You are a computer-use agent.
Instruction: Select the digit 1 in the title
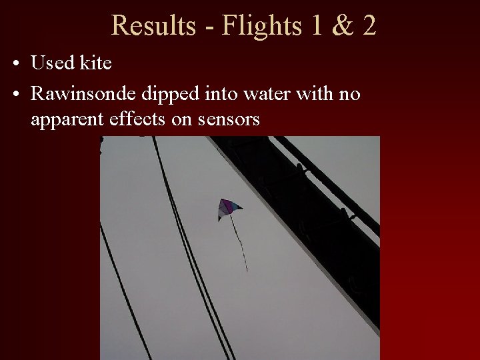pos(315,25)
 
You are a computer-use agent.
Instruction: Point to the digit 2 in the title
pos(369,25)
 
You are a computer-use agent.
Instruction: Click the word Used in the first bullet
pos(53,63)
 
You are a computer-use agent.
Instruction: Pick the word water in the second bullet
pos(260,94)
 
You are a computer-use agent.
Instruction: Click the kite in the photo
pos(228,208)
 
